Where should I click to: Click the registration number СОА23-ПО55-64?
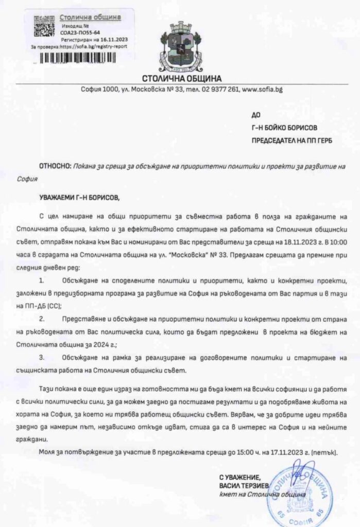pyautogui.click(x=79, y=31)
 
